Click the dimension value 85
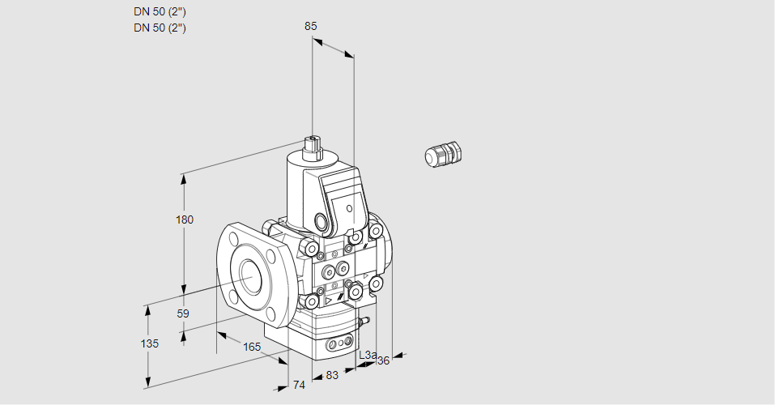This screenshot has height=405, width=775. click(310, 26)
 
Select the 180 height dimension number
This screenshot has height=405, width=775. click(185, 220)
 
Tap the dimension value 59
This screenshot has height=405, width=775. click(183, 313)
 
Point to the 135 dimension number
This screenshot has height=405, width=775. click(149, 343)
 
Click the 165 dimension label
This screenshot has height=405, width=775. click(252, 347)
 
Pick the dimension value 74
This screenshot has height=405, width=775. click(299, 385)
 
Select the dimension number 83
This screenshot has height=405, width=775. click(332, 375)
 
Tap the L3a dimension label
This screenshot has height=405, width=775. click(367, 356)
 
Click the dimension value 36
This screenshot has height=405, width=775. click(384, 360)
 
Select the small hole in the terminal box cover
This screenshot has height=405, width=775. click(350, 209)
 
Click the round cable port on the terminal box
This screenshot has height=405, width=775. click(323, 221)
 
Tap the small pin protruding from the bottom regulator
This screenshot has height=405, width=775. click(366, 322)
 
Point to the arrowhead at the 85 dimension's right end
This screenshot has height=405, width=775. click(350, 55)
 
